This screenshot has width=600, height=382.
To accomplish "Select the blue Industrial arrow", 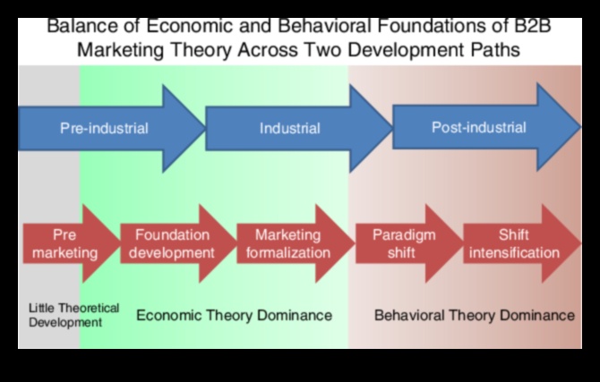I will tap(290, 128).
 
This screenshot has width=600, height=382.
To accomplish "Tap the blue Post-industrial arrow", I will tap(479, 127).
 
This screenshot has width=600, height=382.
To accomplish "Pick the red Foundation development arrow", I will tap(173, 243).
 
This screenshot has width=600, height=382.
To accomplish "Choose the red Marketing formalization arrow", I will tap(288, 243).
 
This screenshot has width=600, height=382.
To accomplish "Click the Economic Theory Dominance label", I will tap(234, 315).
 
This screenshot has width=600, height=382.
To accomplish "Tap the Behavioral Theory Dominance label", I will tap(474, 315).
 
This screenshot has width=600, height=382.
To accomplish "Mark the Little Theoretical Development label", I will tap(73, 314).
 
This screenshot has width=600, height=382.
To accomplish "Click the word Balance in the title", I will tap(80, 24).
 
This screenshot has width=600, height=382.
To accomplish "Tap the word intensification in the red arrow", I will tap(516, 252).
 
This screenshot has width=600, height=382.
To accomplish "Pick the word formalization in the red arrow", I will tap(288, 252).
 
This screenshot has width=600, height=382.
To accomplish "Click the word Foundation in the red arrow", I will tap(171, 235).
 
